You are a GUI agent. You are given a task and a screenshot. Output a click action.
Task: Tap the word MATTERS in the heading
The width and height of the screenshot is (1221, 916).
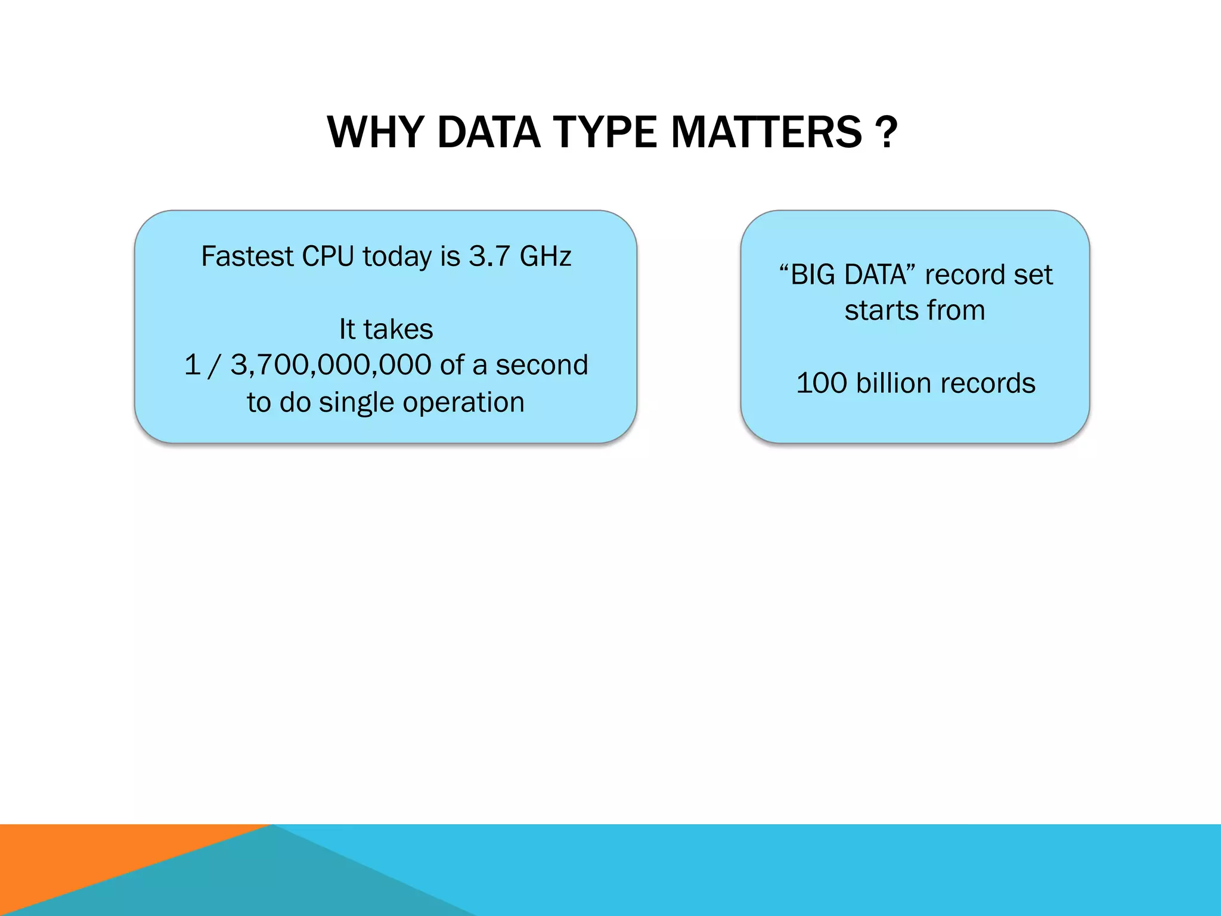pos(766,132)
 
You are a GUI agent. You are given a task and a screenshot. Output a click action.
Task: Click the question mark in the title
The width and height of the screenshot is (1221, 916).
pos(887,132)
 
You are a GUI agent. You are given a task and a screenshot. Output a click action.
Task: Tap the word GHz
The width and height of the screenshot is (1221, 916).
pos(545,256)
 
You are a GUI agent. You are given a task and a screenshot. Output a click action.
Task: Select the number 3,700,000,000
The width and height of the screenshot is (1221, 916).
pos(331,365)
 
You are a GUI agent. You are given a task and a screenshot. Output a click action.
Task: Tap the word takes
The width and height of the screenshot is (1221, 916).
pos(398,329)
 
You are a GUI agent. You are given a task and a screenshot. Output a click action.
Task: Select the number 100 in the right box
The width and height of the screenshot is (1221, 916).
pos(822,383)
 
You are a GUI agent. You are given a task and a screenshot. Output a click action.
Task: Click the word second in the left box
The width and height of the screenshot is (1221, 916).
pos(542,365)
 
